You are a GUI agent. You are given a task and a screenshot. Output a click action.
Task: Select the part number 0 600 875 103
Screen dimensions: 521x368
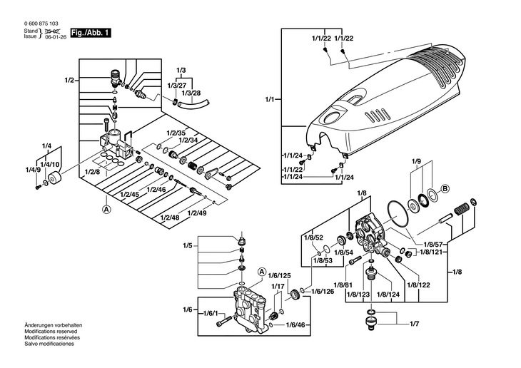41,24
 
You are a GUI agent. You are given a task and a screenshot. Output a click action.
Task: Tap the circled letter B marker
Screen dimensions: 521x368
445,189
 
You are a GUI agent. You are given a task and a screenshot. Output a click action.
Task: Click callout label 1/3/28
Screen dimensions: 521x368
193,93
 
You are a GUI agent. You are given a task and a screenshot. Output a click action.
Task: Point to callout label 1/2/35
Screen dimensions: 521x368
176,133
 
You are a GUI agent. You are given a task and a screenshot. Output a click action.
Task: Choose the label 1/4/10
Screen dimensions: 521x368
50,165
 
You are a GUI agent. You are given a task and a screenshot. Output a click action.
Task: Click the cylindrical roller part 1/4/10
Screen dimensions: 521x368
54,178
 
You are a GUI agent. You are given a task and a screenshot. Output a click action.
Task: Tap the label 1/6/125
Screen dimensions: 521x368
280,276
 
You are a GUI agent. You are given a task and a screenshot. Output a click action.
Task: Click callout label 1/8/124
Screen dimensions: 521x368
388,295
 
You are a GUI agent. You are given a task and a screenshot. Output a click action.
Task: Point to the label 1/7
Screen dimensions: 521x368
415,324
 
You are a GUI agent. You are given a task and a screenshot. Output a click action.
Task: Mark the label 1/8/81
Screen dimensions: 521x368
343,285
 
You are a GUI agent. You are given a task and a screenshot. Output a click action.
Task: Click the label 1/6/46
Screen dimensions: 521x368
295,324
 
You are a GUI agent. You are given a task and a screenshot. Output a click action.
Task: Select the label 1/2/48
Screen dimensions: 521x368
170,218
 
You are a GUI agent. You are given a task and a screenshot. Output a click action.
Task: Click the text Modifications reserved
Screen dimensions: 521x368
51,332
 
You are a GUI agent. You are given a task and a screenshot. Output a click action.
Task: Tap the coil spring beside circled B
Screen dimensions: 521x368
461,209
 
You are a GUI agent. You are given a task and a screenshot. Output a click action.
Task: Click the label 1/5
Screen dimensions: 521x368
188,246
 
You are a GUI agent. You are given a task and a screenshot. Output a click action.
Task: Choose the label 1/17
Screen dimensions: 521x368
278,286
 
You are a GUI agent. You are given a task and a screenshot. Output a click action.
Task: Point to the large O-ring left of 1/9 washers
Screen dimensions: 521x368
398,215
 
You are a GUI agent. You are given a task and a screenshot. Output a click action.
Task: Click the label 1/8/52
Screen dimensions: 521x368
313,237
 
